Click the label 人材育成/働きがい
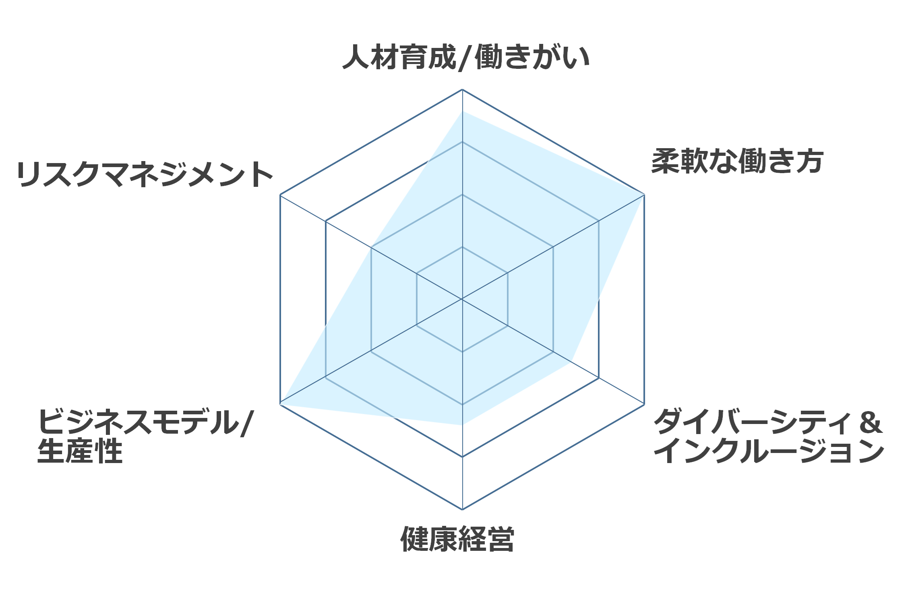pyautogui.click(x=466, y=57)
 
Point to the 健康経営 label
pyautogui.click(x=457, y=539)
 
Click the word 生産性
pyautogui.click(x=80, y=451)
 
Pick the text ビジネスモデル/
pyautogui.click(x=145, y=422)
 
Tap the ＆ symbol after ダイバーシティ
pyautogui.click(x=870, y=422)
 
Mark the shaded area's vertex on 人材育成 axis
pyautogui.click(x=462, y=111)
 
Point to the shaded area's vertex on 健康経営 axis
pyautogui.click(x=462, y=425)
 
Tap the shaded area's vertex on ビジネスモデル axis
pyautogui.click(x=281, y=404)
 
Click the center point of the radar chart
pyautogui.click(x=462, y=299)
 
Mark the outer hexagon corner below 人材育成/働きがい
pyautogui.click(x=462, y=89)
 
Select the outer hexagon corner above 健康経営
pyautogui.click(x=462, y=509)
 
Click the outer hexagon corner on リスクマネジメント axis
pyautogui.click(x=280, y=195)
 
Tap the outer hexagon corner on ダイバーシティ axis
pyautogui.click(x=644, y=404)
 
